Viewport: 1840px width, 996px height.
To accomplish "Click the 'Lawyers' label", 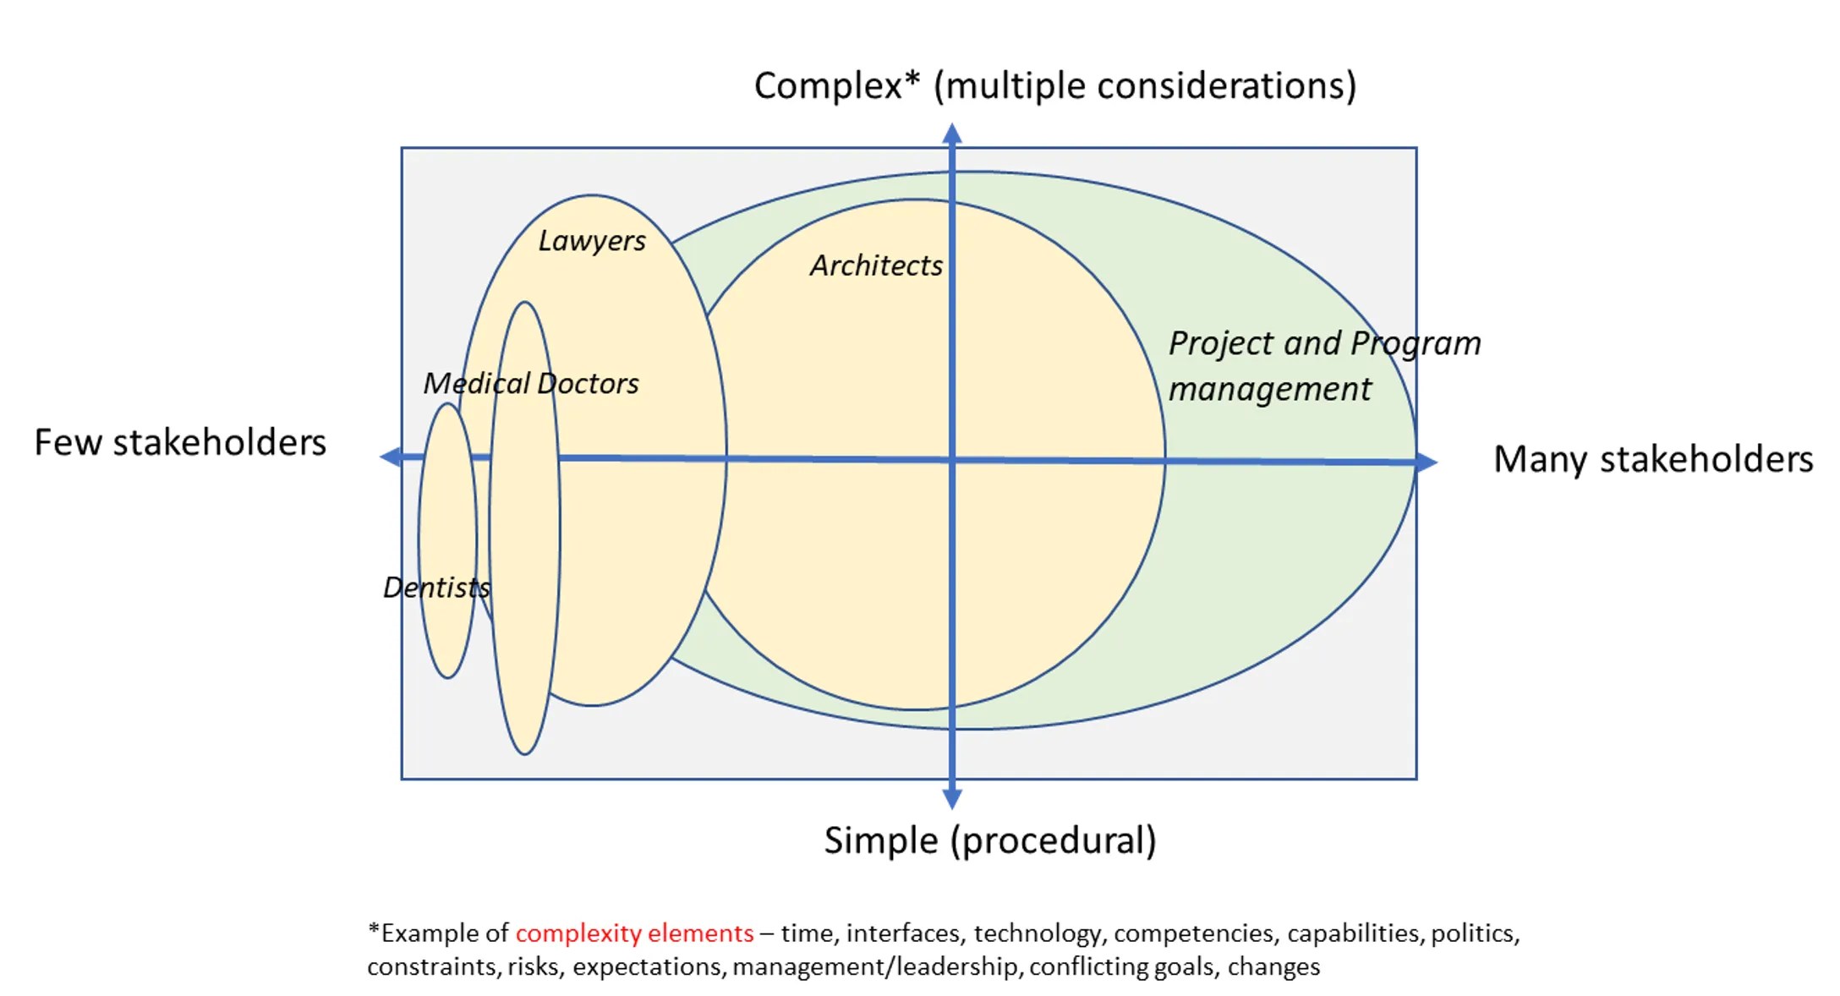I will pos(592,241).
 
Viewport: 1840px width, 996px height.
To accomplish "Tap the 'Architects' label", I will pos(876,265).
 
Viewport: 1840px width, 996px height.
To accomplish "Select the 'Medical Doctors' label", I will pos(531,384).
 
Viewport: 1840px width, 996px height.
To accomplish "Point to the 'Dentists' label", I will pos(436,588).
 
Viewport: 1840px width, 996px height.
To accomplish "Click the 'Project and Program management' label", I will pos(1324,366).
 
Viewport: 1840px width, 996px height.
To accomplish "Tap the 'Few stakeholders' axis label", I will pos(180,442).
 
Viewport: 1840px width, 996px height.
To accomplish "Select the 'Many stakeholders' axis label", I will pos(1653,459).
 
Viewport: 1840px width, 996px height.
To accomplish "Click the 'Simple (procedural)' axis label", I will pos(990,840).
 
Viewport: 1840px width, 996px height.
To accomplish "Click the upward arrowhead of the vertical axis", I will pos(952,133).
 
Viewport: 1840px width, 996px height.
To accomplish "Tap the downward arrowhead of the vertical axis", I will pos(952,798).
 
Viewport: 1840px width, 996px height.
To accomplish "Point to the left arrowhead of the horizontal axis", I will pos(390,457).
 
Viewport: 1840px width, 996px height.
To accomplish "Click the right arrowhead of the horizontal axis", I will pos(1427,462).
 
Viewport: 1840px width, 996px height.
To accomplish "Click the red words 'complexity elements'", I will pos(634,933).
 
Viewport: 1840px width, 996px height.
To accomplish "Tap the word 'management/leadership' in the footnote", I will pos(875,966).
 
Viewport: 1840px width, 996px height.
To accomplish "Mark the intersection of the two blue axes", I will pos(952,460).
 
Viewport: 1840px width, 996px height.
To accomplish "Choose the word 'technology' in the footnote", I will pos(1038,933).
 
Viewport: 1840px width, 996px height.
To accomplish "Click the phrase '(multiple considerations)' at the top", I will pos(1145,85).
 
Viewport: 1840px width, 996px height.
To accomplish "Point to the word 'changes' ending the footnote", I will pos(1273,966).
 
